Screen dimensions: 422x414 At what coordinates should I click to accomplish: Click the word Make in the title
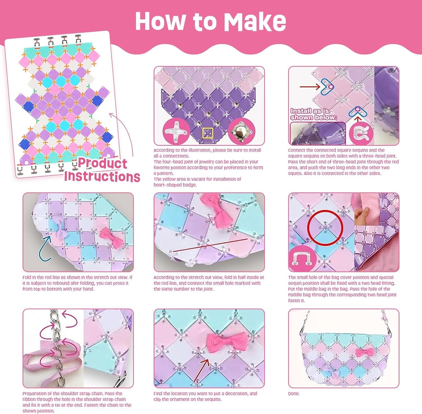(x=255, y=21)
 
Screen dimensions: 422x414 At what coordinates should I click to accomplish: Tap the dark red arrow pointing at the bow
(x=201, y=371)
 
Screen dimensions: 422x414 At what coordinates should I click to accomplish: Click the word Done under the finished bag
(x=294, y=394)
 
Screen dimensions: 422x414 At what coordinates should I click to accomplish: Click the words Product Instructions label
(x=102, y=170)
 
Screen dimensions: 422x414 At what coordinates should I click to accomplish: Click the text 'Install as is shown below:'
(x=314, y=114)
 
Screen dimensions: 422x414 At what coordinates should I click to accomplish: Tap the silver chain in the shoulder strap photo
(x=57, y=348)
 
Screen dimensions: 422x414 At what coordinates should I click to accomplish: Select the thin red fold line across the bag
(x=210, y=245)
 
